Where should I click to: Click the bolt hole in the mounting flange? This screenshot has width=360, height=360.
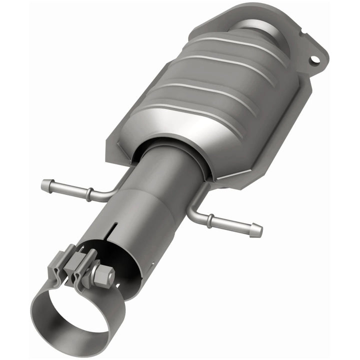coord(314,60)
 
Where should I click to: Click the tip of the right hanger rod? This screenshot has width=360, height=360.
coord(258,231)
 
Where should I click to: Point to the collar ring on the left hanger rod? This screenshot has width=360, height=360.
coord(88,194)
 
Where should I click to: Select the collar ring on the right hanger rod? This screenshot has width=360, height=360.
coord(210,218)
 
